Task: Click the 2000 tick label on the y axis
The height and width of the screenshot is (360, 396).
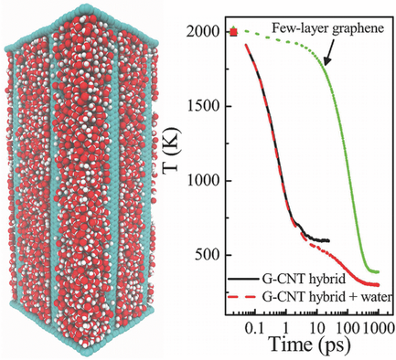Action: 214,32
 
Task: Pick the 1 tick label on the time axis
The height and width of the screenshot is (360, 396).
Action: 287,326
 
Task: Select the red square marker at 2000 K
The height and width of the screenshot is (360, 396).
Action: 234,33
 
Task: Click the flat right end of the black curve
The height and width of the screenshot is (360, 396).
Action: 326,240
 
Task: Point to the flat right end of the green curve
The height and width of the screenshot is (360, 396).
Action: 376,271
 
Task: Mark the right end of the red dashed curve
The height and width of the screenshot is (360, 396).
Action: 378,284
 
